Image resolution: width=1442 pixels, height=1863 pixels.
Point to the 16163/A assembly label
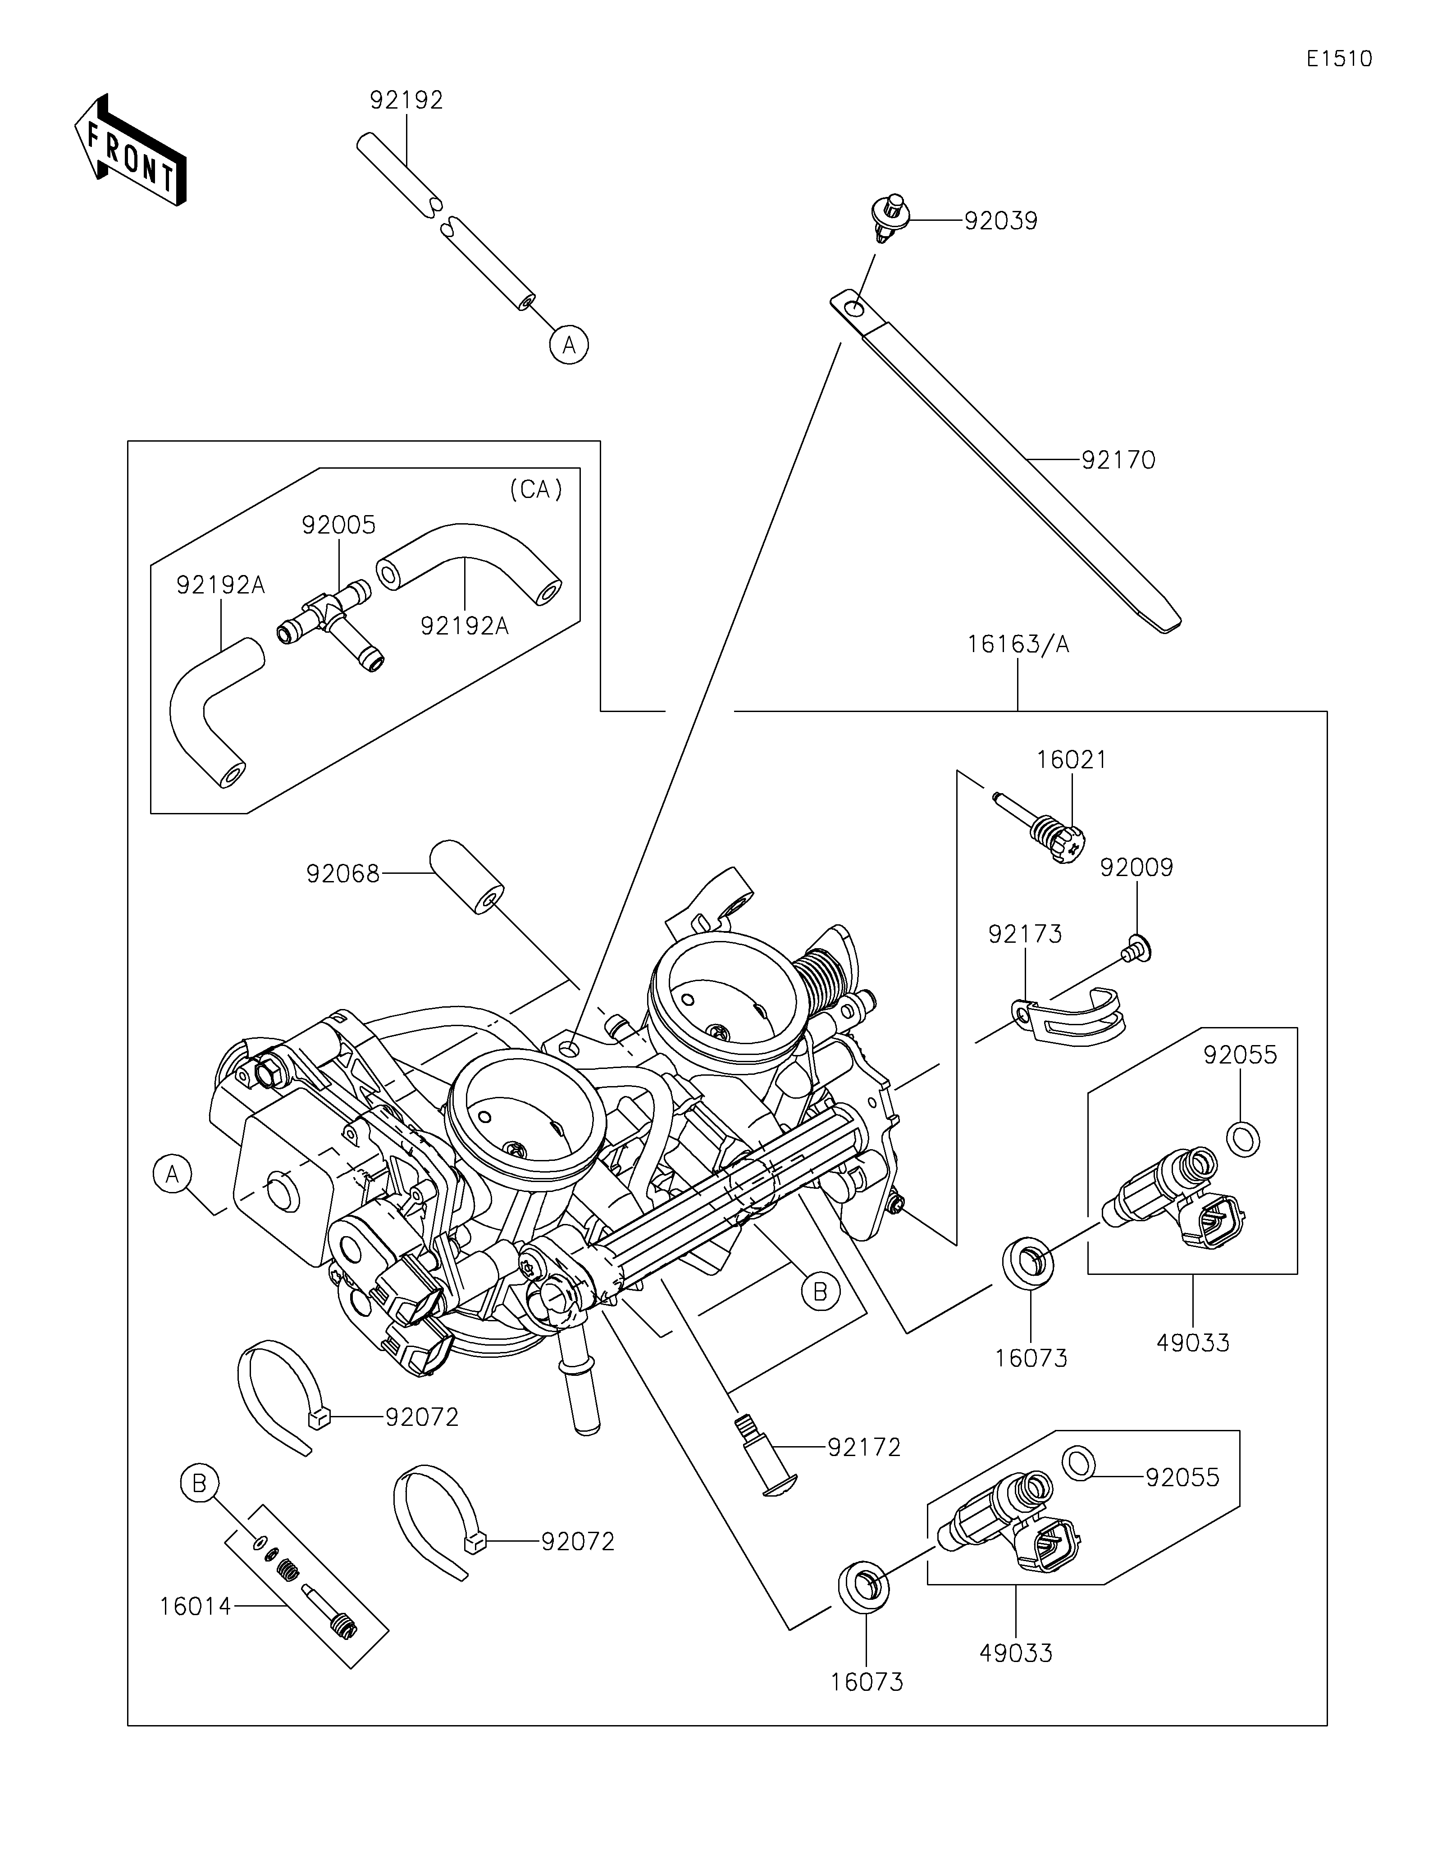click(1018, 644)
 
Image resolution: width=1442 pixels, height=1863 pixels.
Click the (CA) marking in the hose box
click(535, 489)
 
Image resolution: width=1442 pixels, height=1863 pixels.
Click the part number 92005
click(338, 525)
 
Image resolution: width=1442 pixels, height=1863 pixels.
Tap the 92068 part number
click(343, 873)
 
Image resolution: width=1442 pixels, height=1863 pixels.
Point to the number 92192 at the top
click(407, 100)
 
